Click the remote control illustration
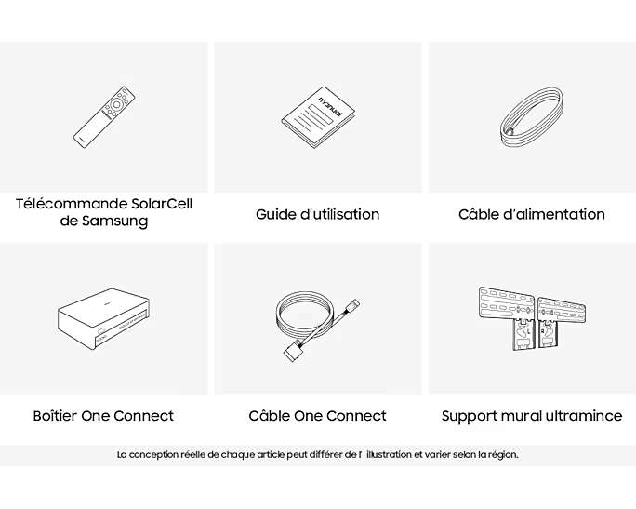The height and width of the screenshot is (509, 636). click(104, 117)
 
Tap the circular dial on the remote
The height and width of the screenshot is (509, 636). click(116, 105)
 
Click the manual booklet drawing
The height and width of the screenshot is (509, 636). click(318, 117)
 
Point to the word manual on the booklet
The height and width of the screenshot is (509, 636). click(330, 106)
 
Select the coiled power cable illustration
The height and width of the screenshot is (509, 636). click(532, 118)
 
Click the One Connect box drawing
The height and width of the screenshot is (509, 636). click(103, 319)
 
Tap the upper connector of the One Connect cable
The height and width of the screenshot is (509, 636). click(351, 307)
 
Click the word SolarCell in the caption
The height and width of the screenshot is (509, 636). click(162, 204)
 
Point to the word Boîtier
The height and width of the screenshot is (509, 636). click(55, 415)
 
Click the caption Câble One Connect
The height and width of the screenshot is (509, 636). click(318, 415)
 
